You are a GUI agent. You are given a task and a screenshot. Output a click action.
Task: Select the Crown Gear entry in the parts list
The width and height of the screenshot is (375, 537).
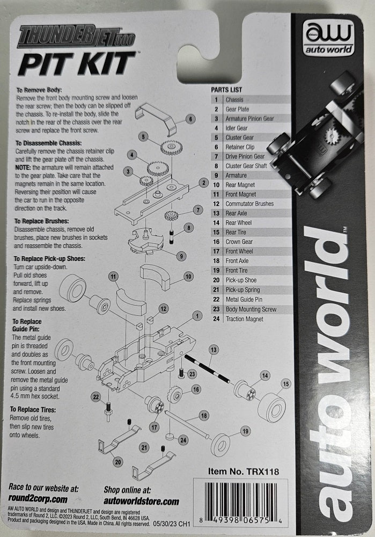point(240,242)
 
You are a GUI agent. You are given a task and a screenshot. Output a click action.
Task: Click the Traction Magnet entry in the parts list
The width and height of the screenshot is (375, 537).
point(244,319)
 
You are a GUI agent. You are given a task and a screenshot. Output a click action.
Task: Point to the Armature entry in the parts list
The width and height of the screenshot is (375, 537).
point(237,175)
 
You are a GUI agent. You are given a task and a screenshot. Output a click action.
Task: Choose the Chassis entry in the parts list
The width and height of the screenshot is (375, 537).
point(234,99)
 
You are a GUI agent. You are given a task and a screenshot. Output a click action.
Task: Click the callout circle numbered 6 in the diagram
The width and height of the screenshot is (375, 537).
point(190,119)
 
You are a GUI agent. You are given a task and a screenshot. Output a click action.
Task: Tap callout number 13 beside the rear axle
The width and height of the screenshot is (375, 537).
point(214,350)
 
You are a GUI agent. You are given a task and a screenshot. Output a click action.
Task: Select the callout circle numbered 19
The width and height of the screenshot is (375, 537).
point(246,431)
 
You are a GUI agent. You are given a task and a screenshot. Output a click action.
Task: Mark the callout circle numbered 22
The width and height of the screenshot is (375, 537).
point(95,397)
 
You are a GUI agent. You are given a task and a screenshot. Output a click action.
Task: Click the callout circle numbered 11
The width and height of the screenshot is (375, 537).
point(113,277)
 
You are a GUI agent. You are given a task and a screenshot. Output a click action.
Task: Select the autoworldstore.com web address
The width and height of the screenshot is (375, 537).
point(141,500)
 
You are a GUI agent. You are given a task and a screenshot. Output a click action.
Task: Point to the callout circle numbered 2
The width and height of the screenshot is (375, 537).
point(203,183)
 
